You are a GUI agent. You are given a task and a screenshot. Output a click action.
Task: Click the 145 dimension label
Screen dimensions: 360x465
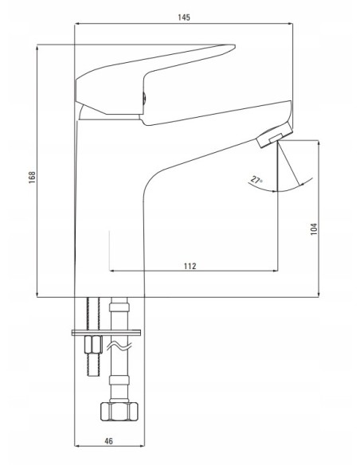point(183,18)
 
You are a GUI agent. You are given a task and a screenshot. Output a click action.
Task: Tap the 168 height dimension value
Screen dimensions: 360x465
point(32,177)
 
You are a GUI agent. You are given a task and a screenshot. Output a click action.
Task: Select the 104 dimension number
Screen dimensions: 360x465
point(314,229)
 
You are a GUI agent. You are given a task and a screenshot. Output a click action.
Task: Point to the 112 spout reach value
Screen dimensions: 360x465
point(190,266)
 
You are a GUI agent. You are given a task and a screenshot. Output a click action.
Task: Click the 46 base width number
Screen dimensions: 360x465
point(108,441)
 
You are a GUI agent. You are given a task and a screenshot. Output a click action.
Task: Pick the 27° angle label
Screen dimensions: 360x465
point(256,180)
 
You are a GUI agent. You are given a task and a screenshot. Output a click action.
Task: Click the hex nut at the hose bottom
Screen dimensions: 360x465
point(119,412)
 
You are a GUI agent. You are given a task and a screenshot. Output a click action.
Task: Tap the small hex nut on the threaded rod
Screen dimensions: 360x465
point(93,344)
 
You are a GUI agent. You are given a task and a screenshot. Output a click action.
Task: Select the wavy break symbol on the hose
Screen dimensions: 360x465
point(119,346)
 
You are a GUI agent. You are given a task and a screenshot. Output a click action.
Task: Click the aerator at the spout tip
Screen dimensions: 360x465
point(274,135)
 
